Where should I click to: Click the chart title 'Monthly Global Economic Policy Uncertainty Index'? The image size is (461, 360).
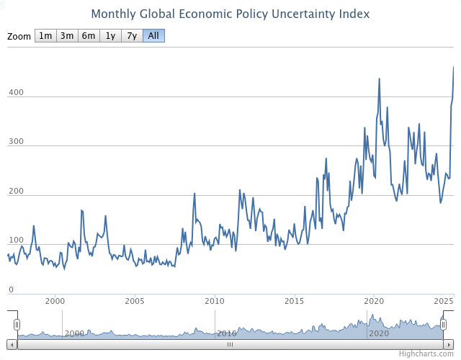point(230,14)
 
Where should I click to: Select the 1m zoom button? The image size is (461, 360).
point(45,36)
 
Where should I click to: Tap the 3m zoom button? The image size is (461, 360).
point(67,36)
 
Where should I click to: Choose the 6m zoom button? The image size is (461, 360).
point(89,36)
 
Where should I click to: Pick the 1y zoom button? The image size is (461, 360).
point(110,36)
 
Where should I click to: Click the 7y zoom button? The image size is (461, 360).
point(132,36)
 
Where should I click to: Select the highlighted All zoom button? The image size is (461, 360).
point(153,36)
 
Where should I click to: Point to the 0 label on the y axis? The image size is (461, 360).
point(12,289)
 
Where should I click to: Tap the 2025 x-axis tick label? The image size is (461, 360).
point(444,300)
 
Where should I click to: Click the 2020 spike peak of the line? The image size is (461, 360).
point(380,78)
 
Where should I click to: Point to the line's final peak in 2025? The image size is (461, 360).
point(453,67)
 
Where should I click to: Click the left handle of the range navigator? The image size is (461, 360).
point(17,325)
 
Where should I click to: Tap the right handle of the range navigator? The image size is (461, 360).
point(444,325)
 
